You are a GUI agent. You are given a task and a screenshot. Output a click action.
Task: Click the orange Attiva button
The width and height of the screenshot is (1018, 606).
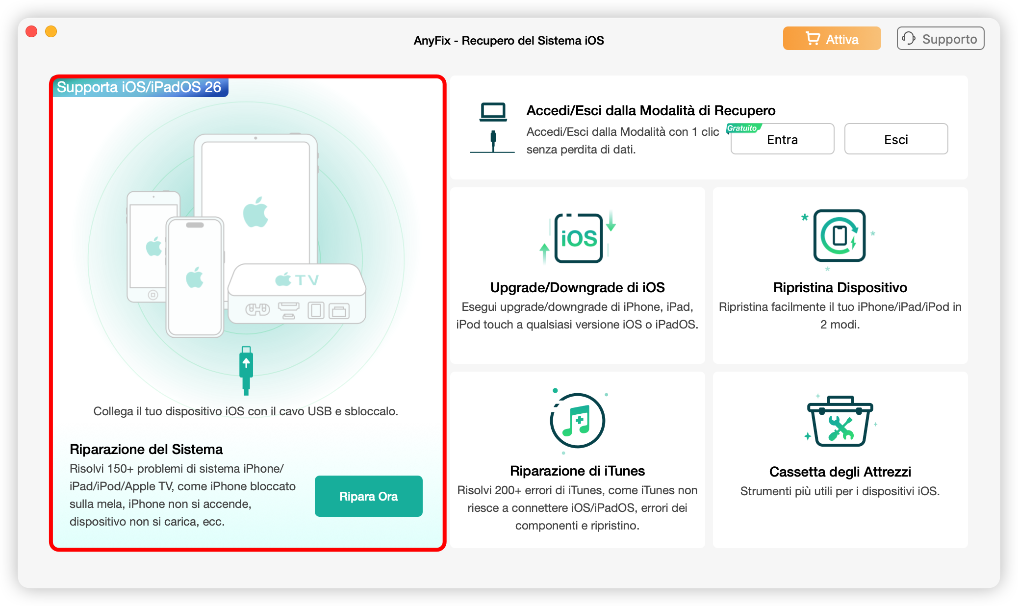click(x=832, y=39)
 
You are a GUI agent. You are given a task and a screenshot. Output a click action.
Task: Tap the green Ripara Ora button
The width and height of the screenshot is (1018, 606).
click(x=368, y=496)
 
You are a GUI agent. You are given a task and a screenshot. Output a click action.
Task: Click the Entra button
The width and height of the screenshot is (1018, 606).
click(x=782, y=140)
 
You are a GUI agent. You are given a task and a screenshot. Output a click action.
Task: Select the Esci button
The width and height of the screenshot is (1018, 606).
click(x=896, y=140)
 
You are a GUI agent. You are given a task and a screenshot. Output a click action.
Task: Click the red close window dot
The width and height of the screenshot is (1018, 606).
click(x=31, y=32)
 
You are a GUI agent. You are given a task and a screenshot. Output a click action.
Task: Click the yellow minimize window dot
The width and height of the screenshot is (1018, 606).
click(x=51, y=32)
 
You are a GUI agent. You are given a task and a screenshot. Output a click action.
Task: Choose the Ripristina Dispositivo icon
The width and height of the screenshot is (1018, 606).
click(x=840, y=236)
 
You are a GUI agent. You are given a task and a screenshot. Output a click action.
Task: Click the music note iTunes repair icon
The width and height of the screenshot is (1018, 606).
click(x=578, y=421)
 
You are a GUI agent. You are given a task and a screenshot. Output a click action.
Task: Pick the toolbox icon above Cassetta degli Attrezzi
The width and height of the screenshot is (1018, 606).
click(x=840, y=421)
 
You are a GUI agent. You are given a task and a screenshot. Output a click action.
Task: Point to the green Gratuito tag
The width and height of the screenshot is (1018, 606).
click(x=743, y=128)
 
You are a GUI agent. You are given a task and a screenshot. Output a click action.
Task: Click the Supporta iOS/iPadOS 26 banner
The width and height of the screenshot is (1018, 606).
click(x=139, y=87)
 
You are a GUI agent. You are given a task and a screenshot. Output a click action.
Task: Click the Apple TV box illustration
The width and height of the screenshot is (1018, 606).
click(x=297, y=294)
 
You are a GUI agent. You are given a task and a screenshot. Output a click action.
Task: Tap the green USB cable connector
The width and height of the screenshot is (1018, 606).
click(x=246, y=370)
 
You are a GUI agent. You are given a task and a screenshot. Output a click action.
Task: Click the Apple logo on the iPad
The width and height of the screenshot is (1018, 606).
click(x=255, y=212)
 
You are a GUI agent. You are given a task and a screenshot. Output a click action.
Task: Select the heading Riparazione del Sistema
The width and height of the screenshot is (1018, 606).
click(x=146, y=449)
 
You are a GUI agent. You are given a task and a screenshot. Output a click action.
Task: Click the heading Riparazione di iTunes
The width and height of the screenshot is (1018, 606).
click(x=577, y=471)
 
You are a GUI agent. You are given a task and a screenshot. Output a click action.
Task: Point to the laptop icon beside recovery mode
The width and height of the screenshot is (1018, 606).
click(x=493, y=112)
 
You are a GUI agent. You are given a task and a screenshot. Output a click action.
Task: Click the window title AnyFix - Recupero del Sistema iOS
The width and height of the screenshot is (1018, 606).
click(x=509, y=40)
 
